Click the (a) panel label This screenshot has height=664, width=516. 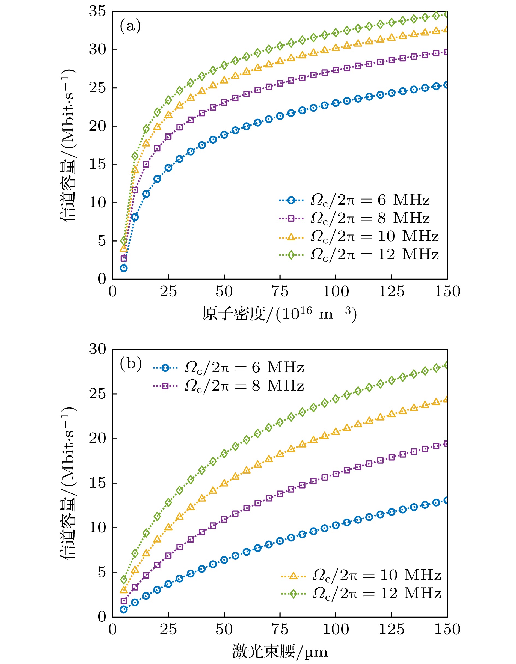point(130,26)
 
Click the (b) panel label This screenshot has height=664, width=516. point(131,364)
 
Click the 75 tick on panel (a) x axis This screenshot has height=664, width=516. point(280,291)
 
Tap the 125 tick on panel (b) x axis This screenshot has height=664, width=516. point(391,630)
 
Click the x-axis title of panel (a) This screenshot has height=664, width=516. point(279,314)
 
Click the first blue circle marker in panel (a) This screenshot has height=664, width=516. point(124,268)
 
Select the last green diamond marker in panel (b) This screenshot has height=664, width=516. point(447,365)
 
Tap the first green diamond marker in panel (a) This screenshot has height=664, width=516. point(124,241)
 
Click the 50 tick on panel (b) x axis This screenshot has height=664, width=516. point(224,630)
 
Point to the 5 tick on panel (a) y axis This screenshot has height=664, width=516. point(102,241)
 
